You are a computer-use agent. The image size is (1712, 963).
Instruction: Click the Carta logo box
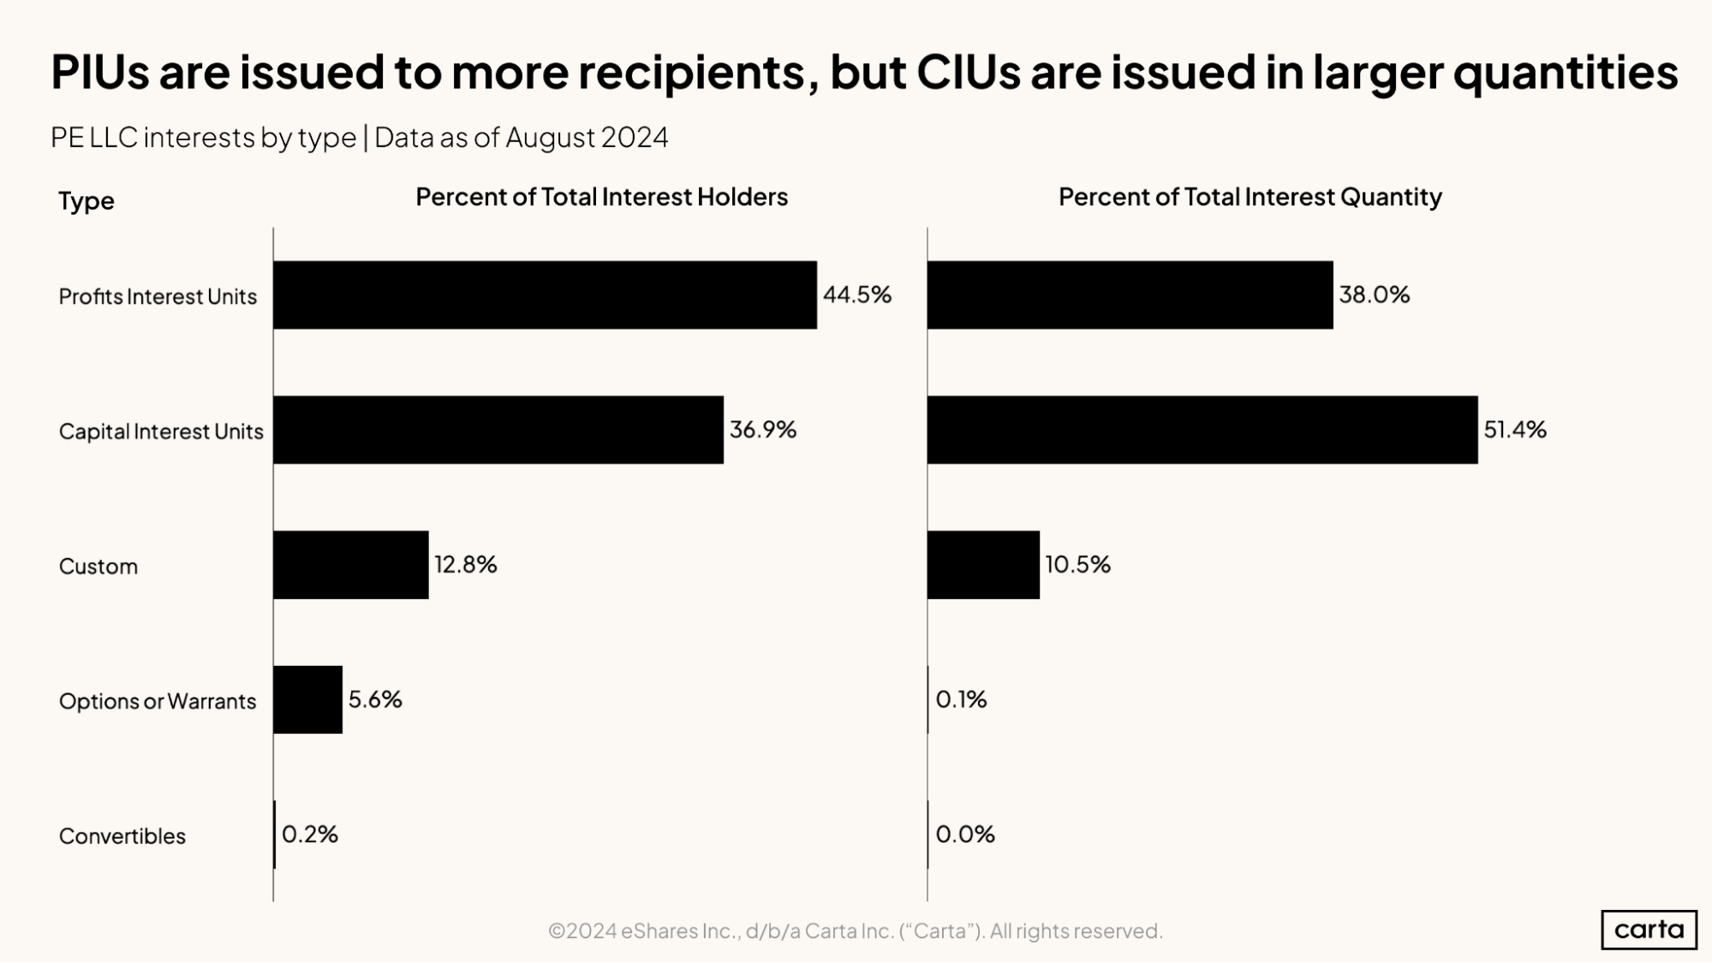pos(1648,930)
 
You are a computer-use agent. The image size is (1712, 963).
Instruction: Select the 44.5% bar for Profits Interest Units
pos(545,294)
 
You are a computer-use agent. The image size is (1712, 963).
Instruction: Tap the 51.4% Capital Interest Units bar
pos(1202,430)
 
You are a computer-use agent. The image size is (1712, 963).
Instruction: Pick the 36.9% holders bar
pos(498,430)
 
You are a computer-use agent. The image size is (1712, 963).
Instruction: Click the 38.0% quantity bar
pos(1130,294)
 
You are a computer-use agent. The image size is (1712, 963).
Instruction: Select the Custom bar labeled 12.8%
pos(350,565)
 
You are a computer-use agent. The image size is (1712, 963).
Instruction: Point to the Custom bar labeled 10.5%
pos(983,565)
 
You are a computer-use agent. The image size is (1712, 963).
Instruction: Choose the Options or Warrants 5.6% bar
pos(307,699)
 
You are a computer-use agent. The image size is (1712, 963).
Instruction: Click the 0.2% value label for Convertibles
pos(310,834)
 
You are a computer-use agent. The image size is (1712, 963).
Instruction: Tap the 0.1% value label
pos(961,699)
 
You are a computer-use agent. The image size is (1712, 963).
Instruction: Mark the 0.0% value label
pos(965,834)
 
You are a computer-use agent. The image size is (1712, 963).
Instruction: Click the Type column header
pos(86,201)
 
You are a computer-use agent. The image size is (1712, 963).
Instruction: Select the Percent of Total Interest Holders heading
pos(601,197)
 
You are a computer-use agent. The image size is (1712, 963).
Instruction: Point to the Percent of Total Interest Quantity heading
pos(1250,197)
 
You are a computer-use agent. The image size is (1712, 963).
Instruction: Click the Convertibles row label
pos(122,836)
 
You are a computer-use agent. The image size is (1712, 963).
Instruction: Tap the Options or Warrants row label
pos(157,701)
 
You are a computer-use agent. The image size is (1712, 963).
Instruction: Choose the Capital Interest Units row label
pos(160,431)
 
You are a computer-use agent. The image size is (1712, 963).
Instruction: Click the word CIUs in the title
pos(969,72)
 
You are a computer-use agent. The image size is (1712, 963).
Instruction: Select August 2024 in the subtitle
pos(587,137)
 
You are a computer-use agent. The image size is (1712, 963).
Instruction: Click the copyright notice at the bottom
pos(855,930)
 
